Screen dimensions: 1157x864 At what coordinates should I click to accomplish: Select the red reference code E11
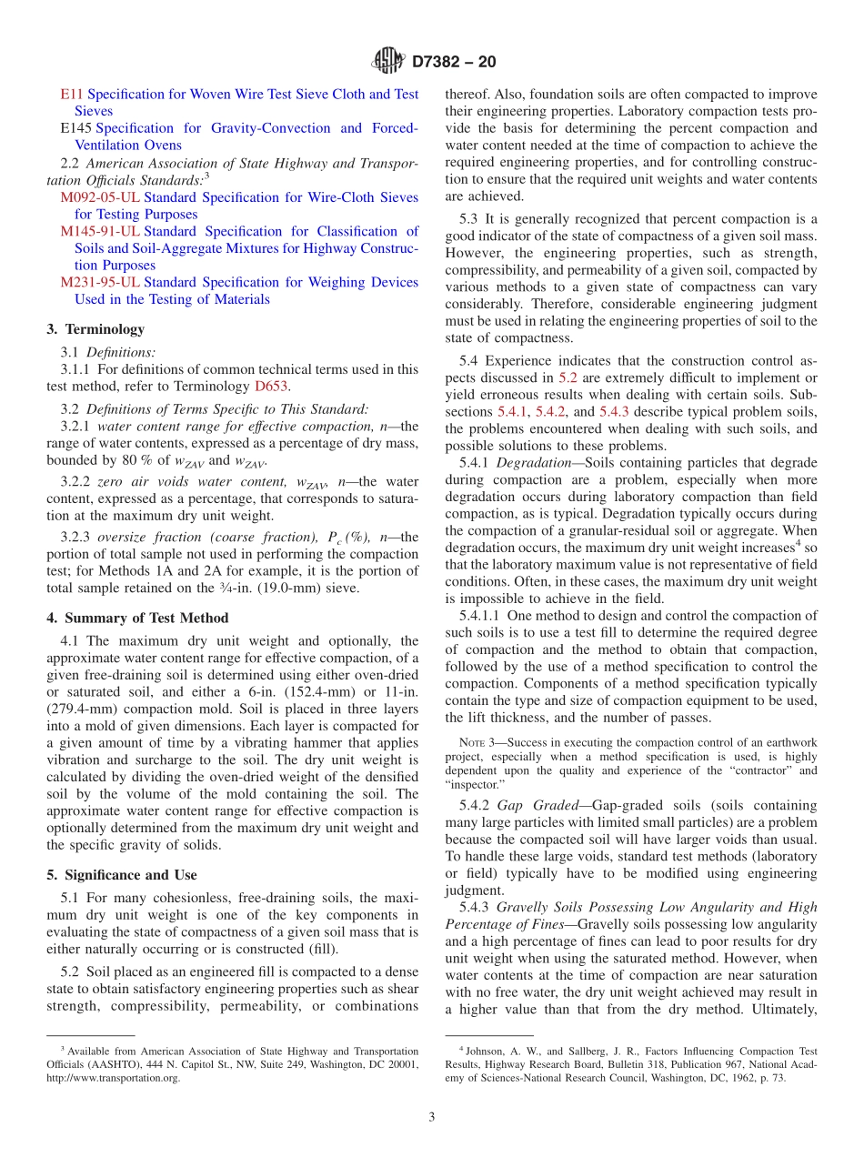click(x=72, y=94)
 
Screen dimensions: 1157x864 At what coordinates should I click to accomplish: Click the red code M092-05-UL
click(x=100, y=197)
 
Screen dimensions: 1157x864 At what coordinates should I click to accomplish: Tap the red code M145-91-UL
click(x=100, y=232)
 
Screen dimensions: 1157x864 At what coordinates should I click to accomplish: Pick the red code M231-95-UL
click(x=100, y=283)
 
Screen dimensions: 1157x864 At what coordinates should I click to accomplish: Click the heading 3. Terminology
click(x=95, y=329)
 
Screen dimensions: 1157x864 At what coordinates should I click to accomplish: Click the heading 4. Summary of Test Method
click(x=137, y=619)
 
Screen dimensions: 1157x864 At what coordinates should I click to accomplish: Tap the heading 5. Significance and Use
click(x=121, y=875)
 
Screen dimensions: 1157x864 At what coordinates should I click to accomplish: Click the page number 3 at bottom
click(x=432, y=1117)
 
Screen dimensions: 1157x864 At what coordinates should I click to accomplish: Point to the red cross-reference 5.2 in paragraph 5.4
click(x=568, y=377)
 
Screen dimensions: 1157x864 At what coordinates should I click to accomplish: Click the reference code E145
click(x=76, y=128)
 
